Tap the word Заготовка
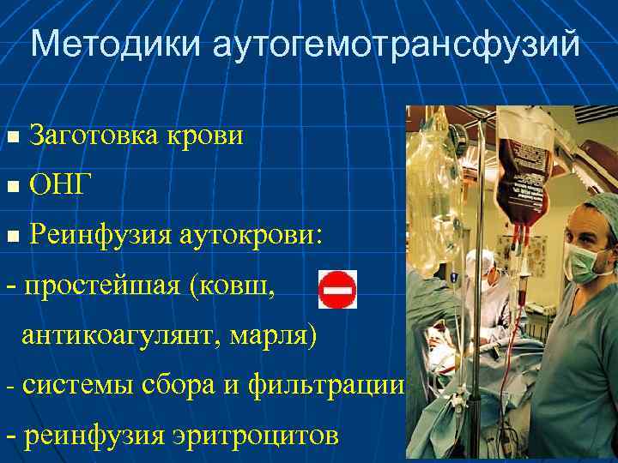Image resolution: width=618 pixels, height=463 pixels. [x=89, y=135]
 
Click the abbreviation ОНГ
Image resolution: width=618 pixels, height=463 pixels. [x=58, y=183]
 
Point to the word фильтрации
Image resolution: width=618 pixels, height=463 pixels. [x=325, y=384]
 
